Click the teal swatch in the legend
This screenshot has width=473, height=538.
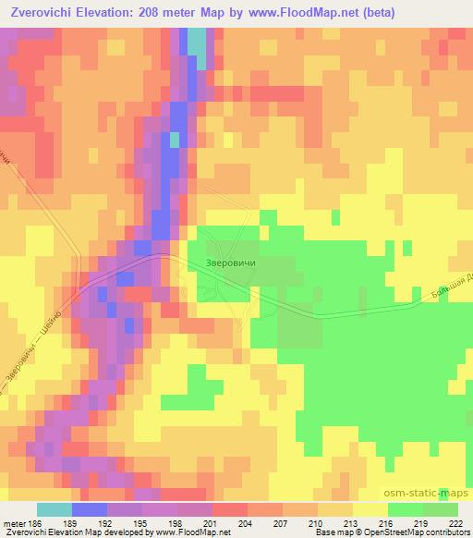tap(54, 509)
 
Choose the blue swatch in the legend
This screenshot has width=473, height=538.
tap(89, 509)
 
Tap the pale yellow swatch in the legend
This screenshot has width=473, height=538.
tap(370, 509)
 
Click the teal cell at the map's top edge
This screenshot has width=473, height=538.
tap(198, 42)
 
